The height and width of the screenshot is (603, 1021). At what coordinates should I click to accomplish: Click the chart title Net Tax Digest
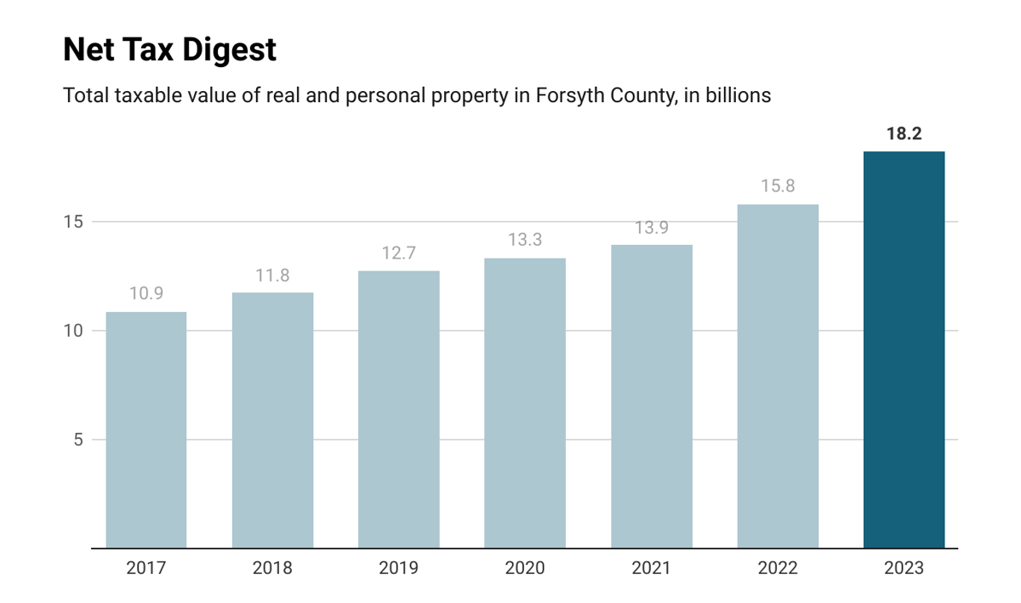tap(169, 50)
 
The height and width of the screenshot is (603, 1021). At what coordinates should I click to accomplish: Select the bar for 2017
tap(145, 429)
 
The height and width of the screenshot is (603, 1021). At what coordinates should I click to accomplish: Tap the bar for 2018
tap(272, 420)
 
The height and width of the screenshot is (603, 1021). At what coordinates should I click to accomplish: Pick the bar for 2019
tap(398, 409)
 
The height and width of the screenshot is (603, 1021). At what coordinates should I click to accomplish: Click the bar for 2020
tap(525, 403)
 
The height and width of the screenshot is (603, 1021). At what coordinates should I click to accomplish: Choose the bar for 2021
tap(651, 396)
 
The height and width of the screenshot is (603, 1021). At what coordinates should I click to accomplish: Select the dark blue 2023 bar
tap(904, 350)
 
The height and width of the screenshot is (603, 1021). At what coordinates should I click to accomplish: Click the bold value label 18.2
tap(904, 134)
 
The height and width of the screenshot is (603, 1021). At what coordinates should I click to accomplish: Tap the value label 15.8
tap(778, 186)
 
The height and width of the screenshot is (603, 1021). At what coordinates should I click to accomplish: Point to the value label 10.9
tap(145, 293)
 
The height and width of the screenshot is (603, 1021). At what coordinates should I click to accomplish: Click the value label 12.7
tap(398, 253)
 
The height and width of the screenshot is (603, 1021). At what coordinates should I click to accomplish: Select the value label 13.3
tap(525, 240)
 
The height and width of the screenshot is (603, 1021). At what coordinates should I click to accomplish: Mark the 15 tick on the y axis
tap(73, 222)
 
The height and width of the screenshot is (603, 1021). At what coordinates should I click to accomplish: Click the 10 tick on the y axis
tap(73, 331)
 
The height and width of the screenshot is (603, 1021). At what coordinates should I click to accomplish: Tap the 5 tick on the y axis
tap(77, 440)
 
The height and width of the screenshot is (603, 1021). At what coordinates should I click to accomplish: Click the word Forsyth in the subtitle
tap(568, 96)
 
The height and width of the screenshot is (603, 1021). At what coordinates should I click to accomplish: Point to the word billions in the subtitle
tap(738, 96)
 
